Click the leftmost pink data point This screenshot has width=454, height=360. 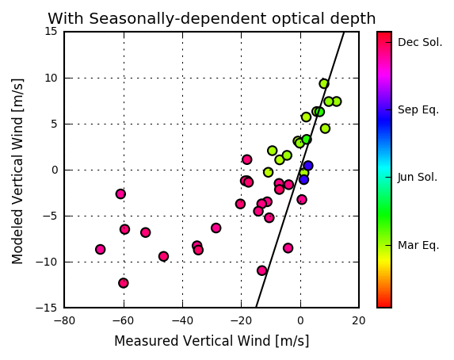100,249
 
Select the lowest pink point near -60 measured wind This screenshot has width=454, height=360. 124,283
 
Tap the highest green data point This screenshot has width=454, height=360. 324,84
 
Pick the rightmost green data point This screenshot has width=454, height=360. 337,101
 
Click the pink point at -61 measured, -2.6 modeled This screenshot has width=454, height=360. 120,194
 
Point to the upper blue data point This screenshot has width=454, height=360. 307,166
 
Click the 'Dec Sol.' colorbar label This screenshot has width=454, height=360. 420,42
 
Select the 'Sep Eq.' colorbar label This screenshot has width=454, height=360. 418,110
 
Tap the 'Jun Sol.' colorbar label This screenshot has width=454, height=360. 418,177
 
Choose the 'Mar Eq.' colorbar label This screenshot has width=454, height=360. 418,245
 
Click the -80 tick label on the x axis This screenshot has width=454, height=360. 64,321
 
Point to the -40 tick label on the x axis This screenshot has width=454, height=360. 182,321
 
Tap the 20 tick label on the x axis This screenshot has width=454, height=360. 359,321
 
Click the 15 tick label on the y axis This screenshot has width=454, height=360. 51,31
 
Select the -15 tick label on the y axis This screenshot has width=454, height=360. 47,308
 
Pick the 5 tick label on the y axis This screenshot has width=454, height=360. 54,124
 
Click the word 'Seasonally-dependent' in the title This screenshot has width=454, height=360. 177,19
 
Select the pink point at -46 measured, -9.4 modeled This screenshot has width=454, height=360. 163,257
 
